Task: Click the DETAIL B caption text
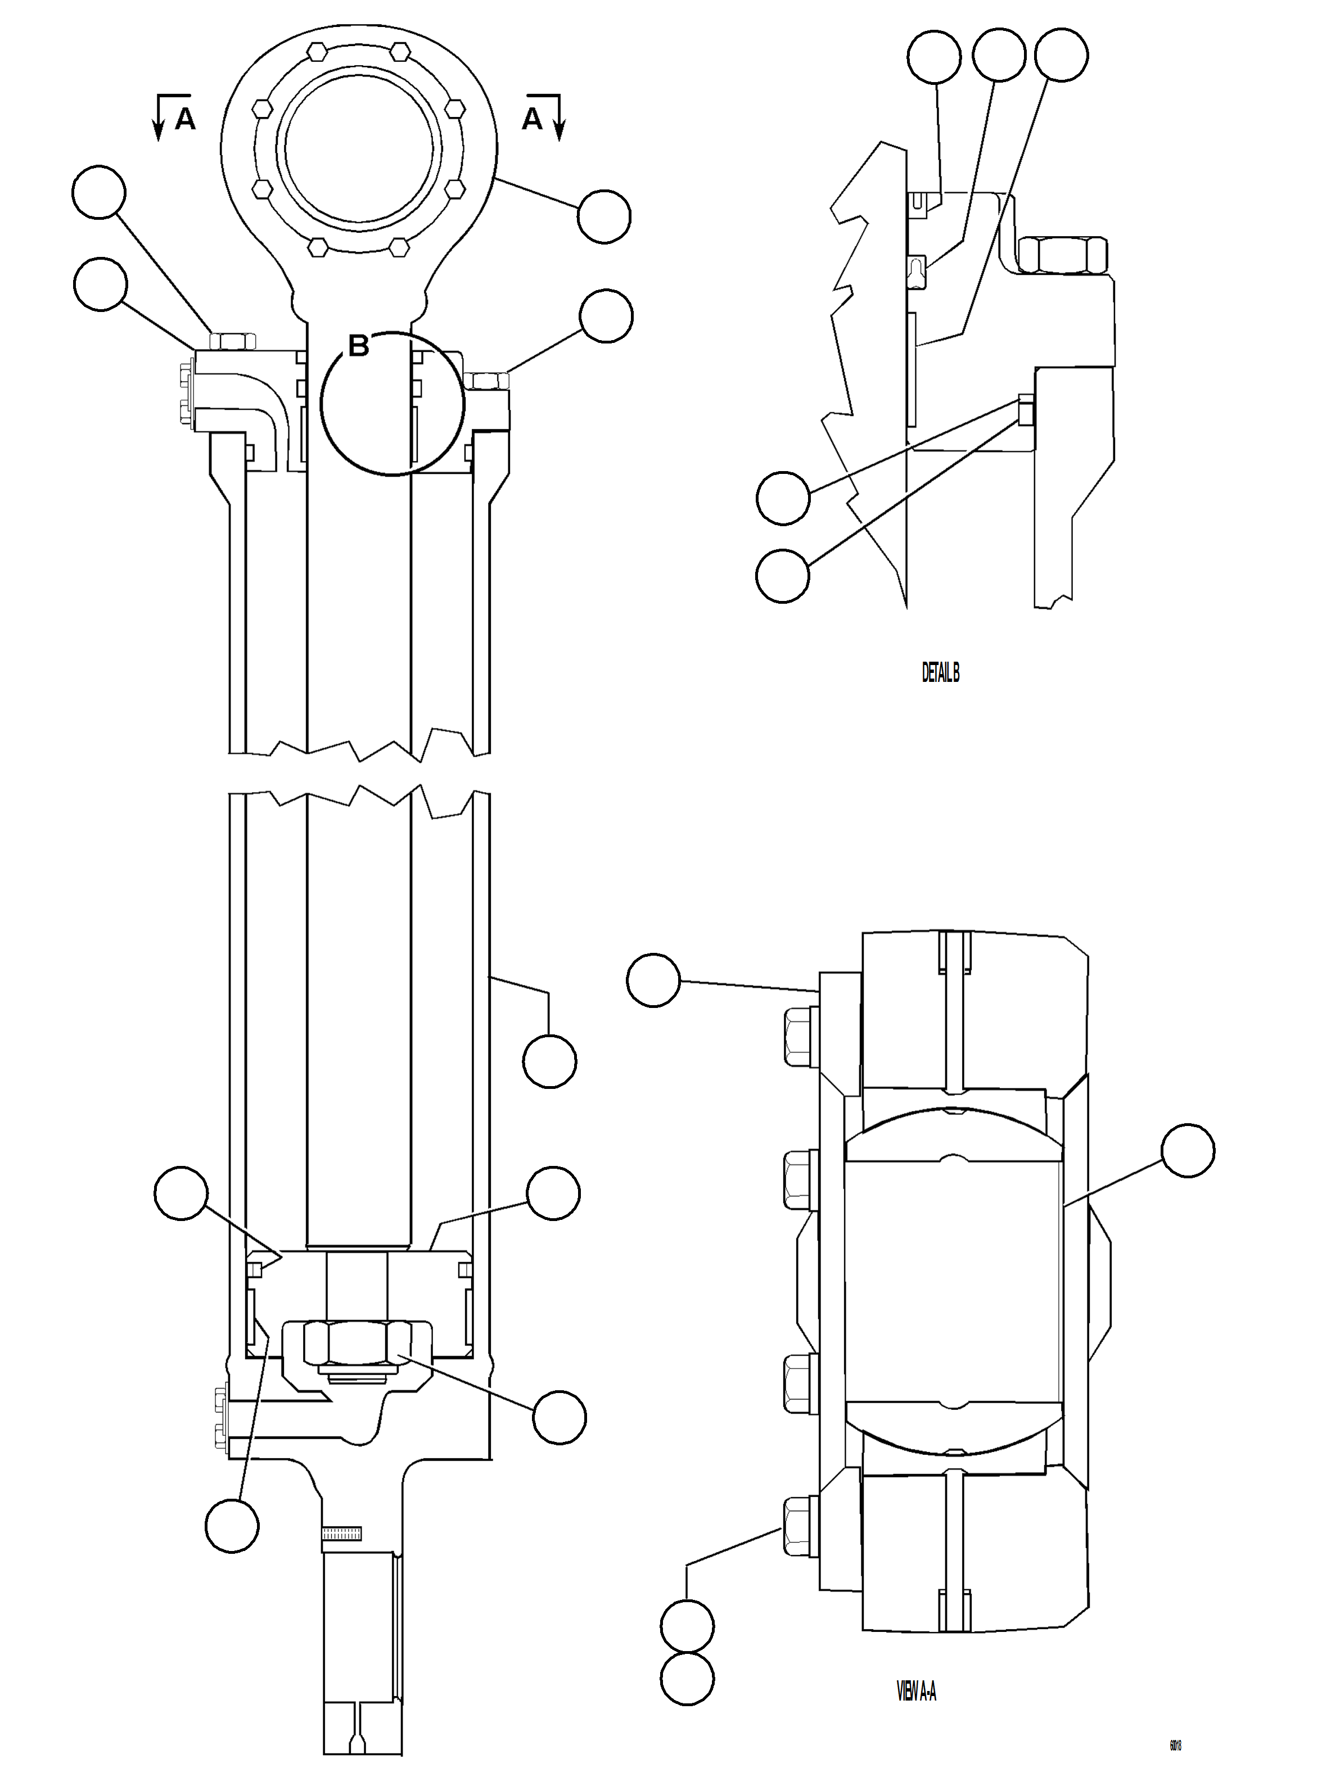(x=940, y=673)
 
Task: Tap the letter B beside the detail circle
(x=359, y=346)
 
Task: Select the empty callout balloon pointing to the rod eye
(x=604, y=216)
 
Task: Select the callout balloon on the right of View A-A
(x=1188, y=1151)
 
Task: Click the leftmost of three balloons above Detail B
(x=934, y=56)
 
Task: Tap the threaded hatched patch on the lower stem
(x=342, y=1533)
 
